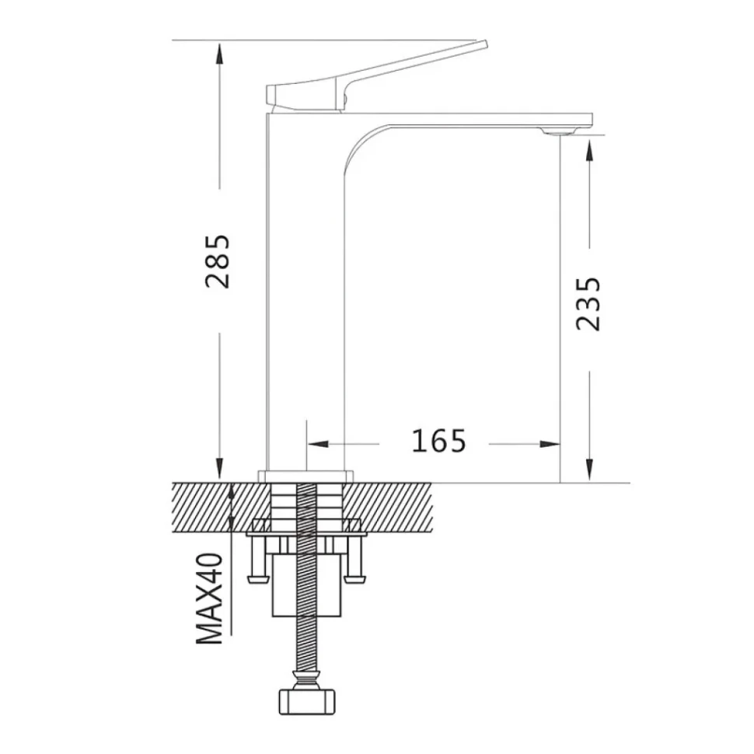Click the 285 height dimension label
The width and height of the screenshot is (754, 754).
[218, 262]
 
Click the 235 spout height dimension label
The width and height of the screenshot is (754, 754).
[588, 304]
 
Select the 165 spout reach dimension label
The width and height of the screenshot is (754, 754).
[439, 441]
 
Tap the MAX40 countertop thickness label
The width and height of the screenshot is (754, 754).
[210, 599]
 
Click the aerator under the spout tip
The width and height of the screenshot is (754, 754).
[559, 131]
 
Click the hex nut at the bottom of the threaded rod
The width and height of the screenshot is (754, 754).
[307, 702]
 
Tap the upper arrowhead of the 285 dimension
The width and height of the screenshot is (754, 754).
[219, 53]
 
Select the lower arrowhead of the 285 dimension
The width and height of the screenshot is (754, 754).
[219, 470]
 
